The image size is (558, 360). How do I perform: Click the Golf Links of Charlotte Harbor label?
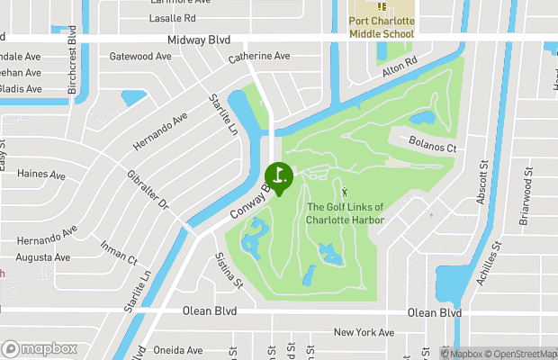[345, 214]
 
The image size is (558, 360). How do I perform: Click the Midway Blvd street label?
[199, 40]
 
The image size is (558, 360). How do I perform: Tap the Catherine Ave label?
[258, 57]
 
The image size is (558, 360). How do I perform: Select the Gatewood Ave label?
[139, 56]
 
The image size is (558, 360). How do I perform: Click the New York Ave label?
[364, 333]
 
